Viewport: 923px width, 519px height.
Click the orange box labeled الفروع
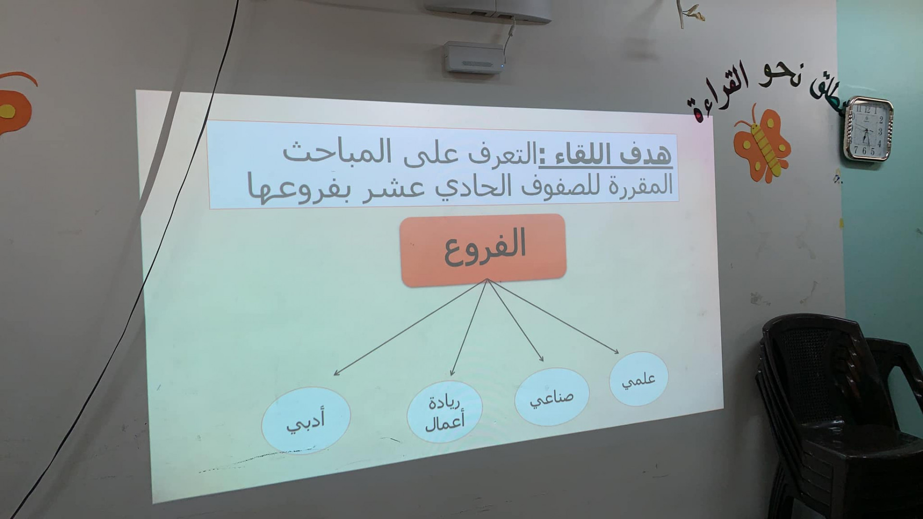coord(483,250)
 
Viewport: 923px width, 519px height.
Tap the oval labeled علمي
coord(639,379)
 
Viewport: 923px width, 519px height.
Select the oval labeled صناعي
coord(552,397)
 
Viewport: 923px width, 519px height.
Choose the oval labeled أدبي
coord(306,420)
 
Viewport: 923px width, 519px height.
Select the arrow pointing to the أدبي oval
coord(410,327)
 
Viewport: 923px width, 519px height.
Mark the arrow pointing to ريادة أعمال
coord(469,327)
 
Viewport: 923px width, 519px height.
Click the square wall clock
coord(868,129)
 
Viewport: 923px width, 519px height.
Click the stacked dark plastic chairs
coord(839,413)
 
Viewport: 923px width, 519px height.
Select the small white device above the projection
coord(474,57)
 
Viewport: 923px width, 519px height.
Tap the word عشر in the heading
coord(385,185)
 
